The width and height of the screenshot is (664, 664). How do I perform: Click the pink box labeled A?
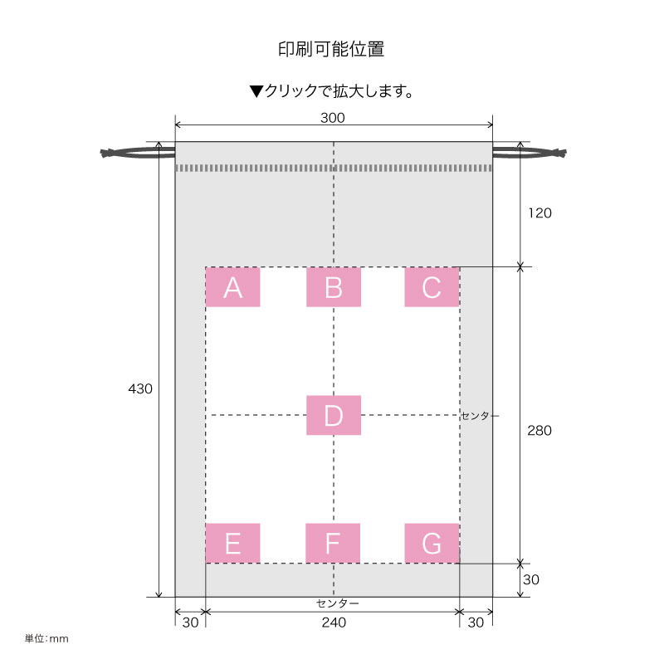tap(232, 287)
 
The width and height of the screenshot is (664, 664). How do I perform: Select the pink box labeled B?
tap(333, 287)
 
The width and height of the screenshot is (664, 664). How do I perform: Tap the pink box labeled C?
tap(432, 287)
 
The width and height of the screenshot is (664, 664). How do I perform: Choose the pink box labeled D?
tap(333, 415)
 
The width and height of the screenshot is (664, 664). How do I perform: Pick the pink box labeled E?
tap(232, 543)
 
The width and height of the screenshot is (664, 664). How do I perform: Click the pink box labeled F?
tap(333, 543)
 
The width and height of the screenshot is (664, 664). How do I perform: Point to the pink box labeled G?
tap(432, 543)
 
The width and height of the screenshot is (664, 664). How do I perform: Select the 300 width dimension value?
tap(333, 118)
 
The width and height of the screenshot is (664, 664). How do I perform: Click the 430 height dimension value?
tap(140, 388)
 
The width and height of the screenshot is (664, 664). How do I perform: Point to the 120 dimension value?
tap(539, 212)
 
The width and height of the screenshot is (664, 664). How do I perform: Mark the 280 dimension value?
tap(539, 431)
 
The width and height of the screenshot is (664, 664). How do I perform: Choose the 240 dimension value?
tap(333, 622)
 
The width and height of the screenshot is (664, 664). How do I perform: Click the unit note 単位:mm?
tap(46, 639)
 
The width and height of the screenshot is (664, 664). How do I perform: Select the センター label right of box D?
tap(481, 415)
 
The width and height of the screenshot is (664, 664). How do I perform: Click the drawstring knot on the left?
tap(108, 153)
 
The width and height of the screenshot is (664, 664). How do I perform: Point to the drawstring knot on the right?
tap(559, 152)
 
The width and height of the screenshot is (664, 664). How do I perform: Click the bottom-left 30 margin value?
tap(190, 622)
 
